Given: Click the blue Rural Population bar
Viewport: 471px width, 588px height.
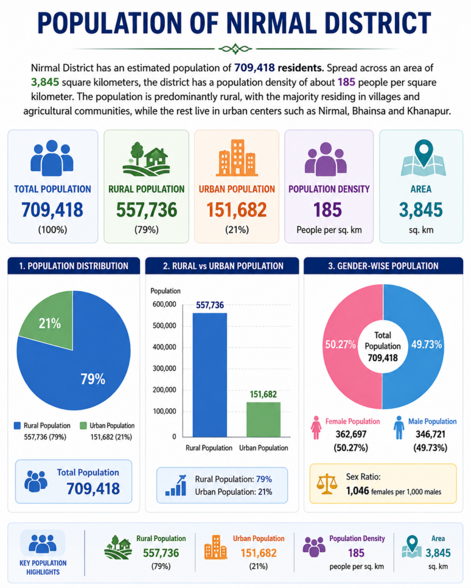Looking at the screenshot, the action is (209, 374).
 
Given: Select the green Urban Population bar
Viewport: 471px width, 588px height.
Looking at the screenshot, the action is (263, 419).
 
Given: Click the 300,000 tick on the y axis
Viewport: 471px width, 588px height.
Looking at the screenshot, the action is (164, 368).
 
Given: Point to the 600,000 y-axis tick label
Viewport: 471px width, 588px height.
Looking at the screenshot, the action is (164, 304).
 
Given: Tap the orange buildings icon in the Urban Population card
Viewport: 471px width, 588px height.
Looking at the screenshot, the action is (236, 158).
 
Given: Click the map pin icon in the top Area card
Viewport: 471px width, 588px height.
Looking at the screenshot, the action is (423, 158).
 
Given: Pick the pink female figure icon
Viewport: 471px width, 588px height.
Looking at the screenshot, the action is (316, 427).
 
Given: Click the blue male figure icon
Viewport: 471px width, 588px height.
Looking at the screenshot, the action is (399, 427).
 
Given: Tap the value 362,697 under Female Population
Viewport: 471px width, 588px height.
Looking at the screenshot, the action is (351, 434).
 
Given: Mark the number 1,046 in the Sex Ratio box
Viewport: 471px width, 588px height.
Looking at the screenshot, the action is (357, 491).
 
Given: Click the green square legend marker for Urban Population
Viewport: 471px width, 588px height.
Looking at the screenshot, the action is (83, 425).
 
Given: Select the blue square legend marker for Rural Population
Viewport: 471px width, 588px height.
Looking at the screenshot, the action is (17, 425).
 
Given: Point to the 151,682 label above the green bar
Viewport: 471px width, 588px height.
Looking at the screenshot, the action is (263, 394).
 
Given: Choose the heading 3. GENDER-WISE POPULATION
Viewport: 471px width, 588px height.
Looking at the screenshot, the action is (383, 266).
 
